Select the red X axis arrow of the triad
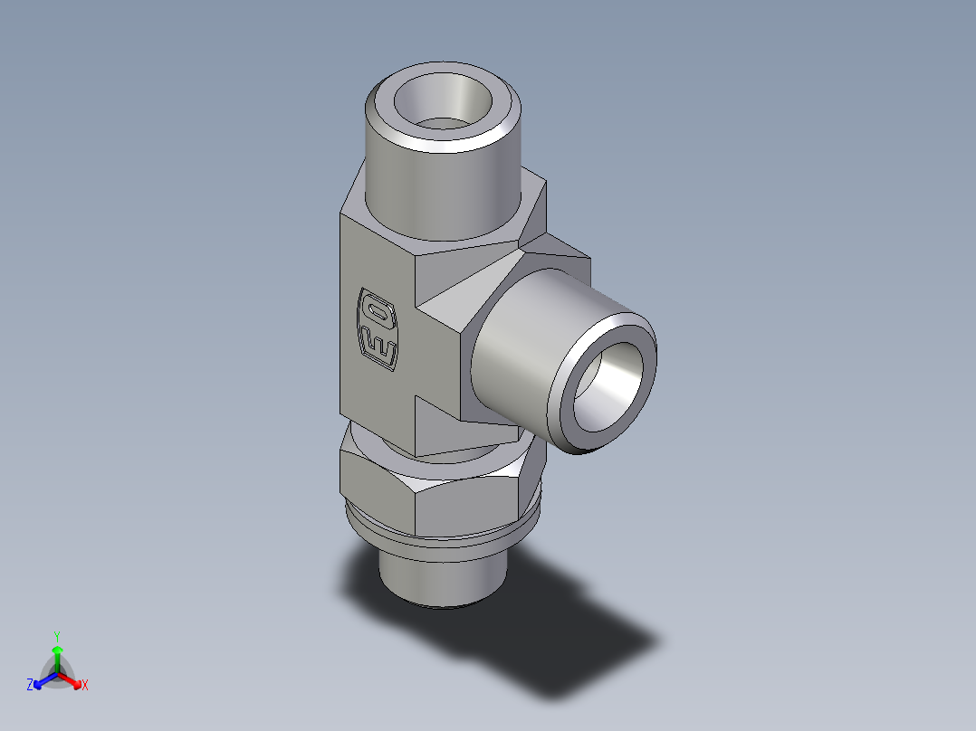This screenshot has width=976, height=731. [x=72, y=679]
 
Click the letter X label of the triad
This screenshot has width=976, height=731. [x=85, y=686]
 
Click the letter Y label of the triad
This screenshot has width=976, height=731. [x=57, y=636]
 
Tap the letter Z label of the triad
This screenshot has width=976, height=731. [x=30, y=685]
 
